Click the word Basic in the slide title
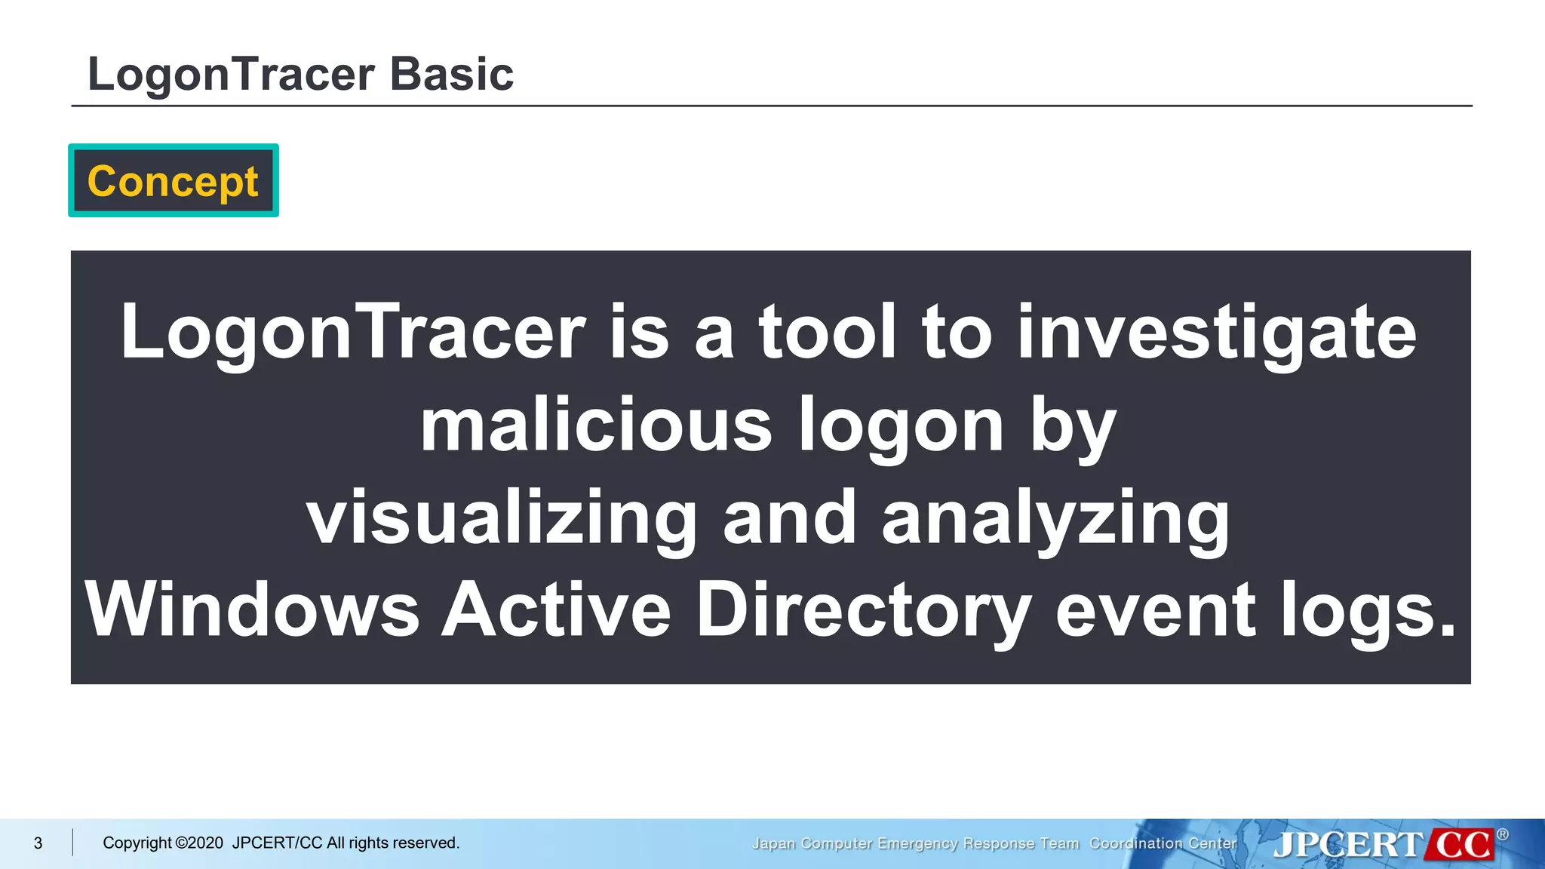tap(451, 75)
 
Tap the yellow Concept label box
tap(174, 181)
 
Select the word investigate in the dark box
tap(1216, 333)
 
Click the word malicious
tap(596, 425)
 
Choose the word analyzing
tap(1055, 518)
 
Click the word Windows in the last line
tap(252, 610)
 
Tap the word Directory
tap(863, 610)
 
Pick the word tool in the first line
tap(828, 333)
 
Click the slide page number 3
tap(38, 843)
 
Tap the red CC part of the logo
tap(1461, 844)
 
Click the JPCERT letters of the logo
tap(1347, 844)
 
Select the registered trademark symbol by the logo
tap(1502, 834)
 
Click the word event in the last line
tap(1154, 610)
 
